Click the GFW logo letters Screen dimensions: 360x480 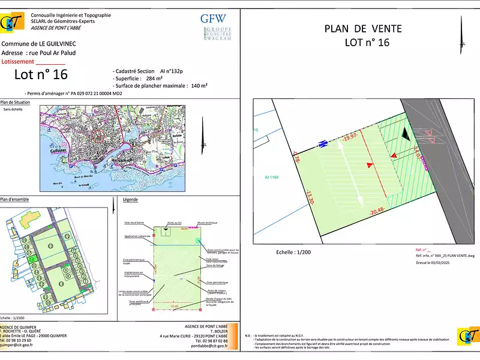pyautogui.click(x=214, y=18)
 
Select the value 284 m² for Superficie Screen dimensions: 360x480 pyautogui.click(x=155, y=78)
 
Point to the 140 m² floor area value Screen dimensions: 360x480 pyautogui.click(x=199, y=86)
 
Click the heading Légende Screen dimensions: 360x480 pyautogui.click(x=130, y=199)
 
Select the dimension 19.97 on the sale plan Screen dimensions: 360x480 pyautogui.click(x=350, y=138)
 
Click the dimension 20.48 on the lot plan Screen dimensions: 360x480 pyautogui.click(x=377, y=211)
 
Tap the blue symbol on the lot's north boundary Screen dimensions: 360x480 pyautogui.click(x=322, y=144)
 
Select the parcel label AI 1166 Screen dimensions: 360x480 pyautogui.click(x=273, y=178)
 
